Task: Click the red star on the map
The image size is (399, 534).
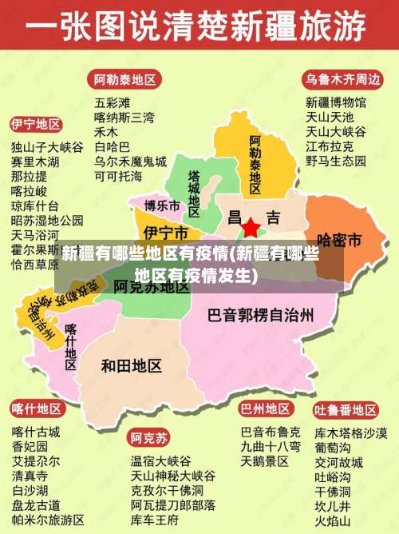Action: coord(251,227)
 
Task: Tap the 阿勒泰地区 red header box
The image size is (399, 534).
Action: coord(125,80)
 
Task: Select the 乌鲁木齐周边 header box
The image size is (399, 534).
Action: coord(342,80)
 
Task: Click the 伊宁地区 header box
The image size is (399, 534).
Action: coord(36,125)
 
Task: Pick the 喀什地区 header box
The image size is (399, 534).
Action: coord(36,409)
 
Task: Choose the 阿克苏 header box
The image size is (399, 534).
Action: coord(150,438)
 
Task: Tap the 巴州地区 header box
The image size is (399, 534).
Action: coord(266,409)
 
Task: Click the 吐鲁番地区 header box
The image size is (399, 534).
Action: coord(346,409)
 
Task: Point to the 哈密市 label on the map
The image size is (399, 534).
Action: coord(340,239)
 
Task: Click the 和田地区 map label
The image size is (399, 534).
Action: coord(132,365)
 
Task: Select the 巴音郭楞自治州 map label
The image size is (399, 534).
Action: coord(260,314)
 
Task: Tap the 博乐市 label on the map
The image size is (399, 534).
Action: coord(162,205)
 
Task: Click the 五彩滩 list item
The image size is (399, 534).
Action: coord(112,102)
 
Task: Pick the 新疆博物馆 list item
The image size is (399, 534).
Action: coord(336,102)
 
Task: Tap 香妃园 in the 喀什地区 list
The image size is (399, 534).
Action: coord(30,446)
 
